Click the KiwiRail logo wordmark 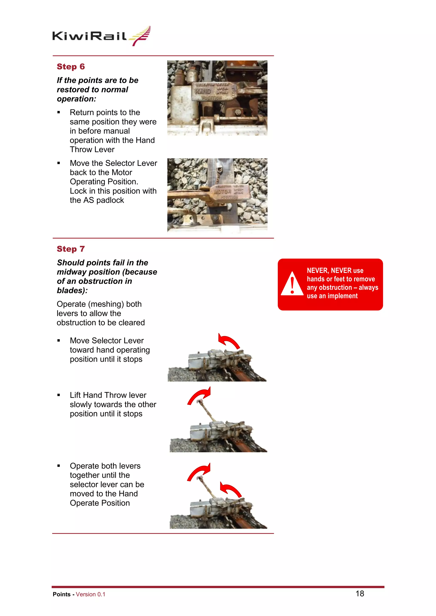[x=89, y=36]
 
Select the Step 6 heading [x=71, y=67]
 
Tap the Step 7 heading [x=71, y=249]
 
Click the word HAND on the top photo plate [x=203, y=91]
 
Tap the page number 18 [x=360, y=593]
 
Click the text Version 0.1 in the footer [x=90, y=594]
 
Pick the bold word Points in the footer [x=62, y=594]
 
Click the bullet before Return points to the [x=59, y=112]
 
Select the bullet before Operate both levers [x=59, y=466]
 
